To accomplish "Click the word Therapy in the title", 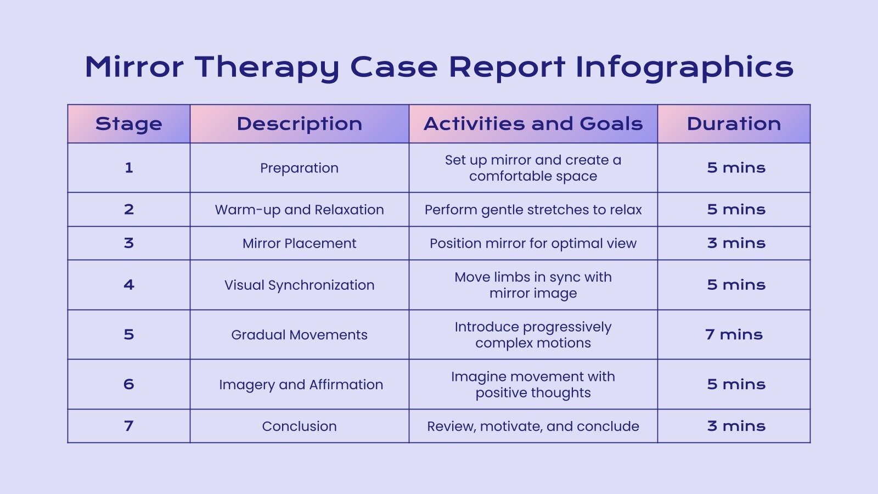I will tap(267, 68).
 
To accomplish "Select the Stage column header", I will tap(129, 124).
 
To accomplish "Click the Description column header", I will tap(300, 124).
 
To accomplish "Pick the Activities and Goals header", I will tap(533, 124).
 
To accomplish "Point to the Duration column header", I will tap(734, 124).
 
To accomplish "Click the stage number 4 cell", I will tap(129, 285).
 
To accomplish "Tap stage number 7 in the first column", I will tap(129, 426).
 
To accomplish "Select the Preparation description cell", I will tap(300, 168).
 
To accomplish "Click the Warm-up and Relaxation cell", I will tap(300, 210).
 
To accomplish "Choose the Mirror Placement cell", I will tap(300, 243).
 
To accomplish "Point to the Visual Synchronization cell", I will tap(300, 285).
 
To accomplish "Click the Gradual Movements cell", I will tap(300, 335).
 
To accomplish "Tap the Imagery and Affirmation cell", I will tap(301, 385).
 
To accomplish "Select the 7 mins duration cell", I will tap(734, 335).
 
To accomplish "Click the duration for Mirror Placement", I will tap(736, 243).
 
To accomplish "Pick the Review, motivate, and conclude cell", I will tap(533, 426).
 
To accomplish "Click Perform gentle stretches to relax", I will tap(533, 210).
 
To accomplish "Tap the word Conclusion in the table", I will tap(300, 426).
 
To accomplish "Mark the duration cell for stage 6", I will tap(736, 384).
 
